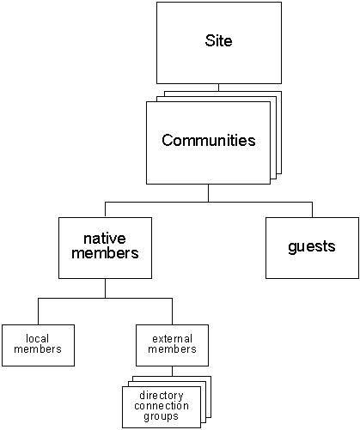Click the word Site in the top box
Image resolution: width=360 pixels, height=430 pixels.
click(218, 41)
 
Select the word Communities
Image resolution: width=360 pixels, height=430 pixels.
click(209, 141)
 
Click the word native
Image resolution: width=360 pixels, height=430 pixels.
click(105, 238)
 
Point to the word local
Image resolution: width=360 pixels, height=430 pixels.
click(36, 338)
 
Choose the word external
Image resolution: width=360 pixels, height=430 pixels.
click(172, 338)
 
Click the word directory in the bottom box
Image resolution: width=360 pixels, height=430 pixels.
click(162, 396)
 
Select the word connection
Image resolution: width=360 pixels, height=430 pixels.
click(162, 406)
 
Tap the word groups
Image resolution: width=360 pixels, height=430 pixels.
click(162, 416)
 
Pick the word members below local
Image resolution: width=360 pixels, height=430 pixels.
click(36, 349)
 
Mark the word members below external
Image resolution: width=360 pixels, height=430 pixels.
click(172, 349)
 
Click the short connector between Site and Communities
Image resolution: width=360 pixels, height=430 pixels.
click(218, 87)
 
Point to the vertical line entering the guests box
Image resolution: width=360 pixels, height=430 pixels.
click(312, 209)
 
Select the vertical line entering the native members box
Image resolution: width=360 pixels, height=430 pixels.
click(105, 209)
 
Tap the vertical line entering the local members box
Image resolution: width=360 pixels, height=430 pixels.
click(37, 311)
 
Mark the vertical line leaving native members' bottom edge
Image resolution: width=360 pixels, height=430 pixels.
click(105, 288)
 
